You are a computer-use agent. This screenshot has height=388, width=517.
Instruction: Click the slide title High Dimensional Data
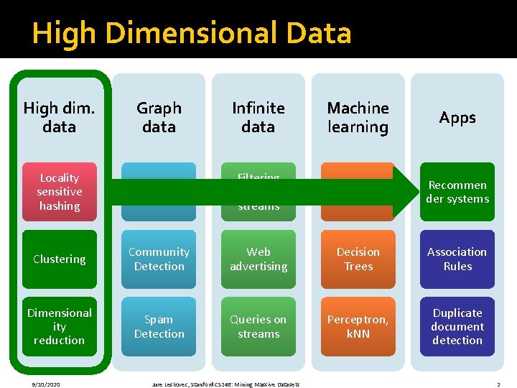[192, 34]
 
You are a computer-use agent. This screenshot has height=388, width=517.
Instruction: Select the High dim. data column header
[59, 117]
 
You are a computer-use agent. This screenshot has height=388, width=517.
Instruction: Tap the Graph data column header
[159, 117]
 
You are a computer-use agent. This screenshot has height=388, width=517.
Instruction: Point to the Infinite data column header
[258, 117]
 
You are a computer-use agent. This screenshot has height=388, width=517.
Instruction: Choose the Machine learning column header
[358, 117]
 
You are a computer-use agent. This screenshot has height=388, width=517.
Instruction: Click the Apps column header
[457, 117]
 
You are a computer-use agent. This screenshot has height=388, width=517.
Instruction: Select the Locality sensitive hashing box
[59, 192]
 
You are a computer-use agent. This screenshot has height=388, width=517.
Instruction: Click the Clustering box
[59, 259]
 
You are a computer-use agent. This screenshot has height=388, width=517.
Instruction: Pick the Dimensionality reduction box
[59, 326]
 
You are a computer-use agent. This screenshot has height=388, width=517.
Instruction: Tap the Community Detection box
[159, 259]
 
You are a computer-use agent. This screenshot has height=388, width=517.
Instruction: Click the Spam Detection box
[159, 326]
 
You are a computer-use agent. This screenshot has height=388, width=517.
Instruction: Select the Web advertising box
[258, 259]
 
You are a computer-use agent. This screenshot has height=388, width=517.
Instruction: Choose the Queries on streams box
[258, 326]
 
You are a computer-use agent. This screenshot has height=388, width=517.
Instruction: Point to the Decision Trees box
[358, 259]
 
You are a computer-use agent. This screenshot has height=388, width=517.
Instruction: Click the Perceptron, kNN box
[358, 326]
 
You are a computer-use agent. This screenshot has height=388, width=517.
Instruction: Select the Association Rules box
[457, 259]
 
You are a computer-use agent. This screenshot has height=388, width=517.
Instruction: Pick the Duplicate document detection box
[457, 326]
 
